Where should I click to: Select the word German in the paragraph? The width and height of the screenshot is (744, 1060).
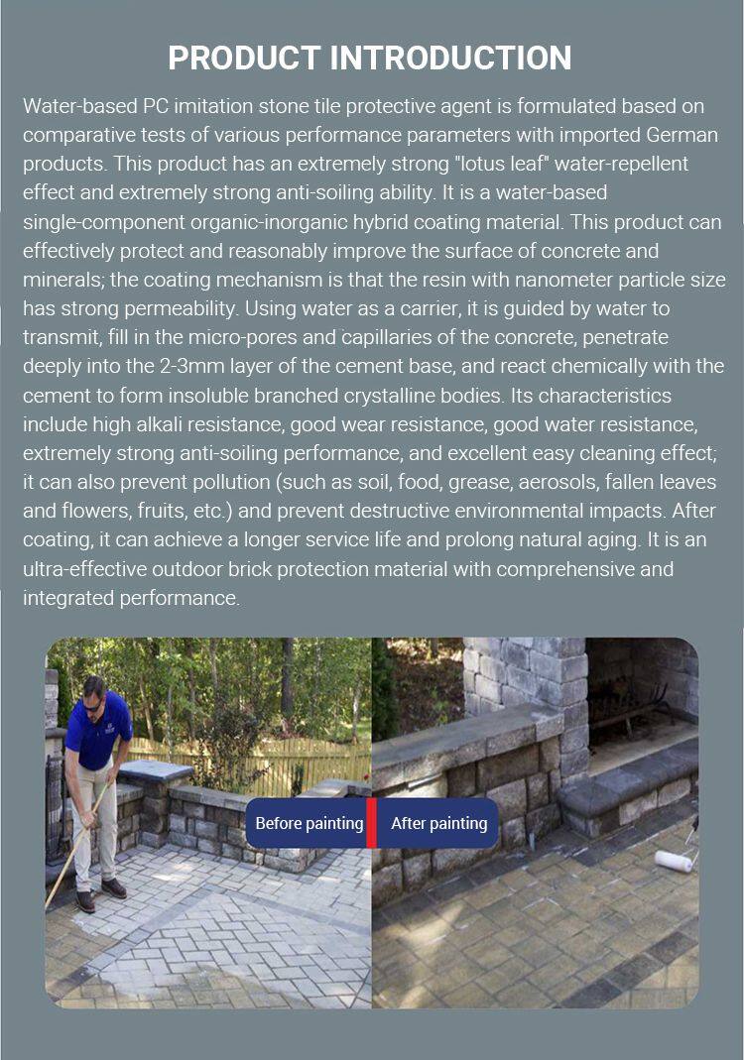(x=684, y=134)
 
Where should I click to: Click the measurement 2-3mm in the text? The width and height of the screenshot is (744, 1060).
(x=260, y=366)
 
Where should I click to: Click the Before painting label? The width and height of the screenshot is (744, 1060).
(x=309, y=823)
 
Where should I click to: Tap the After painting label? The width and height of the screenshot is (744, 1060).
(x=438, y=823)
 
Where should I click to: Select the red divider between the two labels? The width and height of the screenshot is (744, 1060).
(x=372, y=823)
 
